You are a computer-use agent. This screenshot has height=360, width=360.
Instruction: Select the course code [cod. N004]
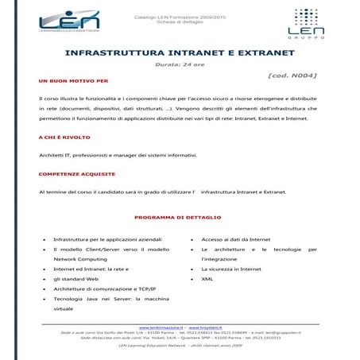point(292,75)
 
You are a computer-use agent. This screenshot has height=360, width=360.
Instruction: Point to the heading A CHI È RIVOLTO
point(64,137)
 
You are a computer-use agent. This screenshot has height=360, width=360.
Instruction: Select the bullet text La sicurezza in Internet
point(231,269)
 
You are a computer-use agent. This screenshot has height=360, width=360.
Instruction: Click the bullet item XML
point(207,279)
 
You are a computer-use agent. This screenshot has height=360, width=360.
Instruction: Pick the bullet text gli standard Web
point(75,279)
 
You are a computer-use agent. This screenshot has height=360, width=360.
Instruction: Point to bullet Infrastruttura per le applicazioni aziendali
point(103,238)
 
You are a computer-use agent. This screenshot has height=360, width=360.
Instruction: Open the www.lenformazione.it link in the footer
point(161,327)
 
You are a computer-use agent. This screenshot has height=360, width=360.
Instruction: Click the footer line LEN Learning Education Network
point(180,346)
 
